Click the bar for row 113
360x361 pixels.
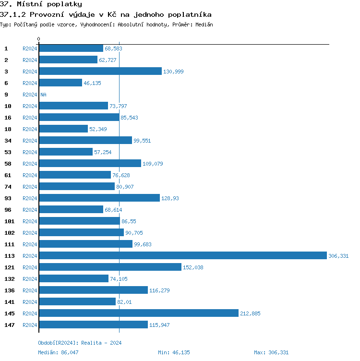click(x=182, y=256)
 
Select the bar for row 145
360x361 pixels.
click(x=139, y=313)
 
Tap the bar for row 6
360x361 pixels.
click(x=60, y=83)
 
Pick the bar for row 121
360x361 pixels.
click(x=110, y=267)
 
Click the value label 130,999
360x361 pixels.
click(x=173, y=72)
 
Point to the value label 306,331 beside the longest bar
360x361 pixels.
click(x=338, y=256)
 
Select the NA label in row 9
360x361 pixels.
click(x=43, y=95)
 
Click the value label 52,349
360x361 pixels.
click(x=99, y=129)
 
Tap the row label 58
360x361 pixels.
click(x=8, y=164)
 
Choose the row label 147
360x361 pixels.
click(x=10, y=325)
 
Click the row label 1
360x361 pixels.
click(x=6, y=48)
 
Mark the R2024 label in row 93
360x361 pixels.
click(x=30, y=198)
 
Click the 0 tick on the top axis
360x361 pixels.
click(x=39, y=39)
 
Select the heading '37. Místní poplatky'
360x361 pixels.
click(x=41, y=4)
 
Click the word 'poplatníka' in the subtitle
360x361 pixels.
click(x=188, y=15)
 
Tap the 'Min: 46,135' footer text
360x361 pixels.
click(x=174, y=352)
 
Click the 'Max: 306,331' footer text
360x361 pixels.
click(x=271, y=352)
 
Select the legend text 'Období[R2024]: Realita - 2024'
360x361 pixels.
click(x=80, y=343)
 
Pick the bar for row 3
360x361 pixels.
click(x=100, y=72)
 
